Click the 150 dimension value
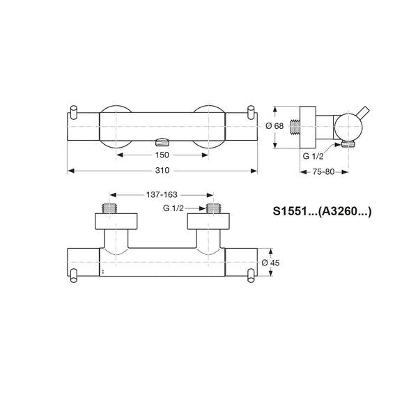(x=162, y=155)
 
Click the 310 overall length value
(x=162, y=171)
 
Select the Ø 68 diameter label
(x=274, y=126)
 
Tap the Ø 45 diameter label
(x=270, y=263)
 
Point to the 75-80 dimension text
(x=323, y=172)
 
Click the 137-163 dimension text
(x=162, y=195)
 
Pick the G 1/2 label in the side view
(x=313, y=156)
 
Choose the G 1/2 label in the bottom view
(x=173, y=208)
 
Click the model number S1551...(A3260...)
(x=322, y=211)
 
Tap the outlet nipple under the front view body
(x=162, y=142)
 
